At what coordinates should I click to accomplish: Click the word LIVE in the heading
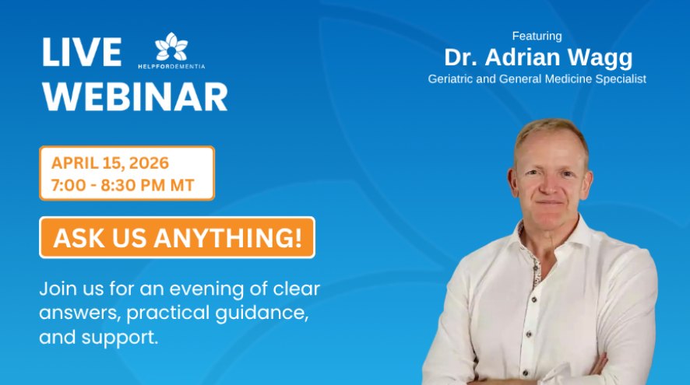[x=82, y=52]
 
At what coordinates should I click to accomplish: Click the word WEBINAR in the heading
[x=135, y=96]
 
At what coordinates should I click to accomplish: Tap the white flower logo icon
[x=171, y=47]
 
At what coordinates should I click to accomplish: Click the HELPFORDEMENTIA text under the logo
[x=171, y=66]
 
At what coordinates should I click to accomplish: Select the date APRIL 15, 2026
[x=110, y=163]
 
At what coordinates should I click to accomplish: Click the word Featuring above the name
[x=537, y=36]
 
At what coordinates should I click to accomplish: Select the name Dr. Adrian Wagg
[x=537, y=57]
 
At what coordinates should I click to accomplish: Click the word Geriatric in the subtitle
[x=452, y=79]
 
